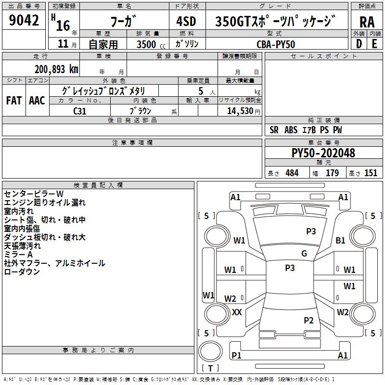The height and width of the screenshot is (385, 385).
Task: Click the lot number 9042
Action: point(24,20)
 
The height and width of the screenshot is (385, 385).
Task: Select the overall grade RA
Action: point(367,22)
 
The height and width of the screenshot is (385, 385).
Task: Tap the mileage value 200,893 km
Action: point(56,69)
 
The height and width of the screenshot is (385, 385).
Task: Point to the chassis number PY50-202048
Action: point(323,153)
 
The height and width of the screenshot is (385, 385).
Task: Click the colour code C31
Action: point(80,110)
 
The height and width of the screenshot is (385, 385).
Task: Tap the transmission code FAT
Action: point(14,101)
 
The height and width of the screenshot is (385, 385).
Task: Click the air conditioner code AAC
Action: point(37,101)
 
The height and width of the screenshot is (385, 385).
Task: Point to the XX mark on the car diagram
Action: point(237,312)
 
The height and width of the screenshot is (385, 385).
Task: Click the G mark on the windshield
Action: point(304,254)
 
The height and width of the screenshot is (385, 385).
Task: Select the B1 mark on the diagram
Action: point(341,240)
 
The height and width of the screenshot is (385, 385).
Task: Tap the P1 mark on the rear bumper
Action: point(236,355)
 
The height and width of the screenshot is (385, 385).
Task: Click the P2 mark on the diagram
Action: point(309,320)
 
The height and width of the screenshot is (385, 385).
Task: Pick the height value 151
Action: point(371,173)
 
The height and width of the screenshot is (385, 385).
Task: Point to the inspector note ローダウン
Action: point(22,272)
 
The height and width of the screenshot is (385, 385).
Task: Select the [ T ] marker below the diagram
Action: point(210,368)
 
